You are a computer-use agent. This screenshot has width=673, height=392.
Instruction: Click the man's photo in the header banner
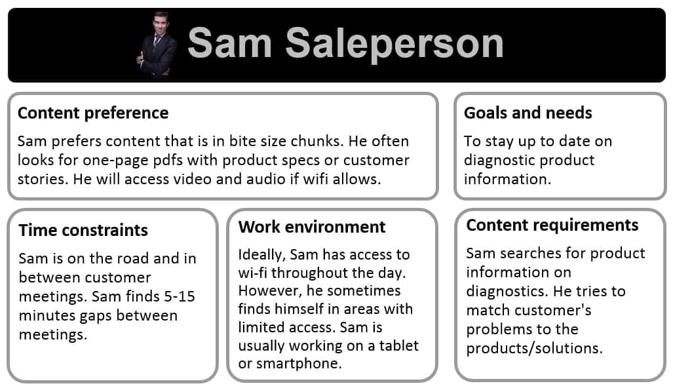[157, 44]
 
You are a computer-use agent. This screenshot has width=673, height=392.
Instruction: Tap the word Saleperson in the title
[394, 44]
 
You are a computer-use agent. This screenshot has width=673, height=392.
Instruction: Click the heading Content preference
[93, 113]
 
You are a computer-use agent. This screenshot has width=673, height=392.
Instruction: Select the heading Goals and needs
[528, 113]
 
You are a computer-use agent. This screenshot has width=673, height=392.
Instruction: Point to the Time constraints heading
[83, 230]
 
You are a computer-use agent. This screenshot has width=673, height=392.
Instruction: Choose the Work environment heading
[312, 227]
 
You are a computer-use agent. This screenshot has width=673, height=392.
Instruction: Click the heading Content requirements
[552, 225]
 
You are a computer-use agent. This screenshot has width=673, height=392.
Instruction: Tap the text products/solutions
[534, 347]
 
